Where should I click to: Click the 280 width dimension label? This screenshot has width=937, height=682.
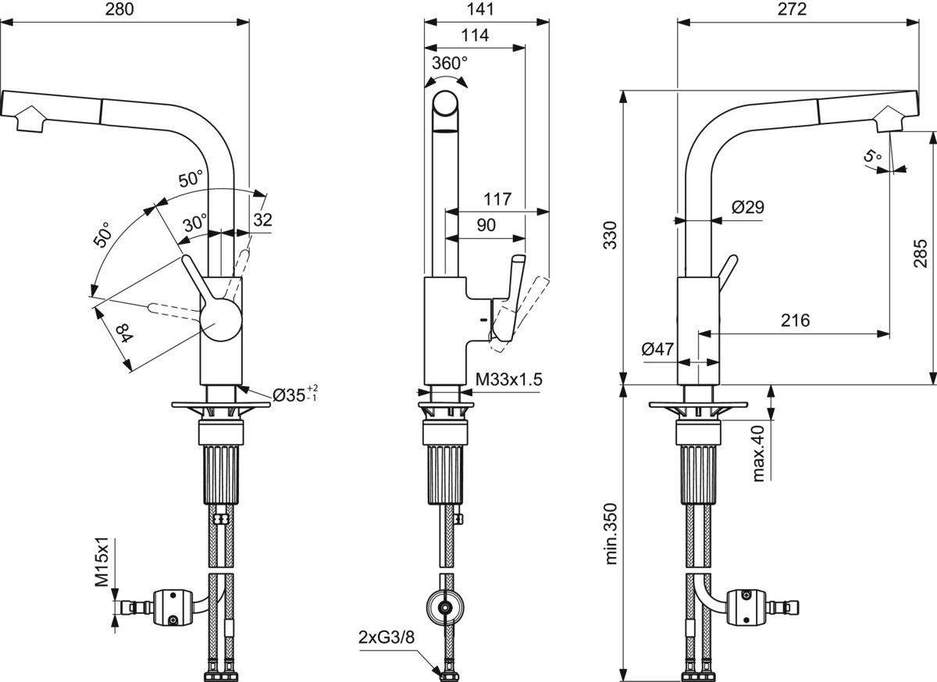pyautogui.click(x=119, y=9)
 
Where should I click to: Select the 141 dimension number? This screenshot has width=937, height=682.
pyautogui.click(x=481, y=9)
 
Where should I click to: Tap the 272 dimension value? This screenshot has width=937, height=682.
pyautogui.click(x=792, y=9)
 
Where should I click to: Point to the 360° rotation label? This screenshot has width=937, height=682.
pyautogui.click(x=450, y=63)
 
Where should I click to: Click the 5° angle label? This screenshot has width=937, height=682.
pyautogui.click(x=873, y=157)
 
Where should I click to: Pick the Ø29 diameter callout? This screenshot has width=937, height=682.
pyautogui.click(x=748, y=207)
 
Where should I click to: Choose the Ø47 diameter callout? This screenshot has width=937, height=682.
pyautogui.click(x=657, y=348)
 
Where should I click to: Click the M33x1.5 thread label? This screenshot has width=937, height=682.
pyautogui.click(x=508, y=380)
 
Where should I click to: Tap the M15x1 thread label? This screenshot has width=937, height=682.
pyautogui.click(x=102, y=562)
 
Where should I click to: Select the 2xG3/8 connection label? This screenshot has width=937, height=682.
pyautogui.click(x=386, y=637)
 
